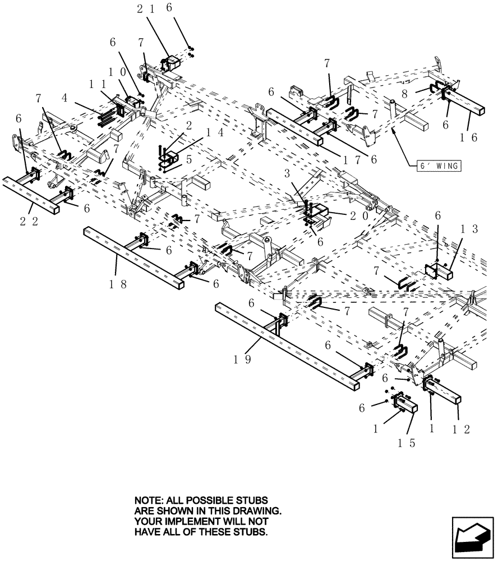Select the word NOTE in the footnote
click(x=148, y=500)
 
